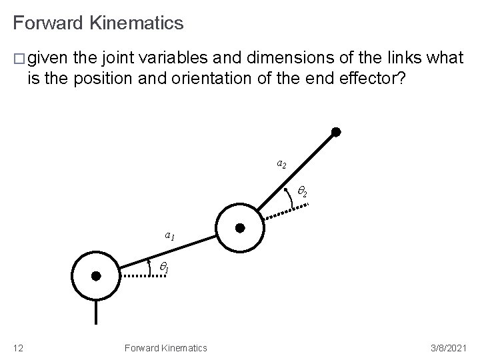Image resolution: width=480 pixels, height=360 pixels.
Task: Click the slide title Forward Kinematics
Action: pos(98,24)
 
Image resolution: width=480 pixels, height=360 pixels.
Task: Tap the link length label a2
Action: pos(282,163)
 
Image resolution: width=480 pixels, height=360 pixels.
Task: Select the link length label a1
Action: pos(170,235)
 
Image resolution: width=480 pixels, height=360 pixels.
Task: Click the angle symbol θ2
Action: pos(301,193)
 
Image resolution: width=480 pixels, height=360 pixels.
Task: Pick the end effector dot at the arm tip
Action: pos(337,133)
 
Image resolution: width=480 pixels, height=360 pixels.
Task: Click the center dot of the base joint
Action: pos(96,275)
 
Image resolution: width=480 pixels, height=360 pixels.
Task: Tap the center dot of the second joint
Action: pos(240,228)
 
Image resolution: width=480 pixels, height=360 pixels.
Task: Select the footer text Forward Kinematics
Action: pos(165,347)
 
